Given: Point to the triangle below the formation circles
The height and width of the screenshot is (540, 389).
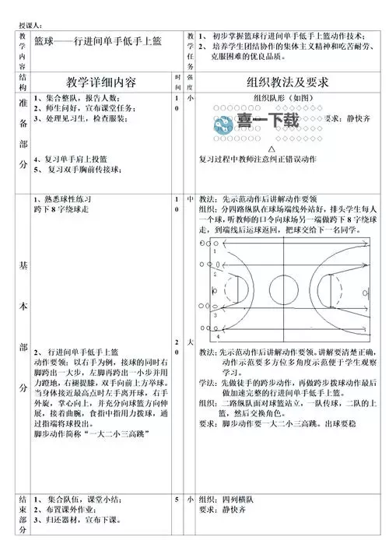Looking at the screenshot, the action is click(x=271, y=147).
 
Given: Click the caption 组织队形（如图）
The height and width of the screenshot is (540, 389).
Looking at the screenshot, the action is click(x=285, y=98).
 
